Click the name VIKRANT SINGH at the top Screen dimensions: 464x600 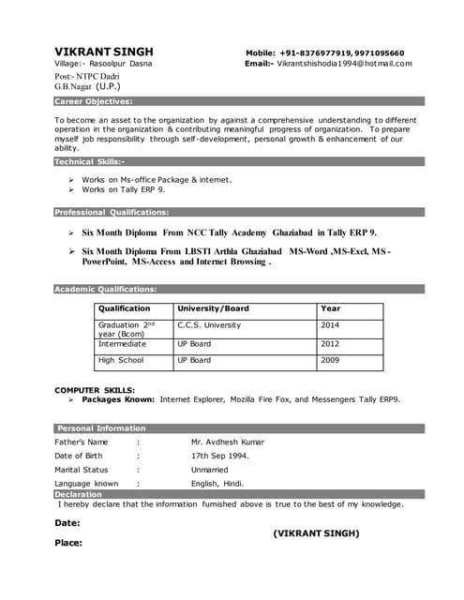(x=103, y=51)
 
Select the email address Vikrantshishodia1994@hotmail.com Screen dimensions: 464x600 (x=344, y=64)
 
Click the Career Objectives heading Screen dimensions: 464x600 (x=93, y=100)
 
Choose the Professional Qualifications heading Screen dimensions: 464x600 (x=112, y=212)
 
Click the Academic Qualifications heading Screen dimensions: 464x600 (x=105, y=289)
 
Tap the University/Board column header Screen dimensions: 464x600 (x=213, y=308)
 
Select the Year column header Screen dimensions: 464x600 (x=331, y=308)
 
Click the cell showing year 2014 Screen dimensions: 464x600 (x=330, y=325)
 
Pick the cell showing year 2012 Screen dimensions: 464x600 (x=330, y=344)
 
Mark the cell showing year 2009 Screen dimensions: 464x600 (x=330, y=360)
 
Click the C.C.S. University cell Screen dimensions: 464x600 (x=209, y=325)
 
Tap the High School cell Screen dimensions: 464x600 (x=121, y=360)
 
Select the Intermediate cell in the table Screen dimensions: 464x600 (x=122, y=344)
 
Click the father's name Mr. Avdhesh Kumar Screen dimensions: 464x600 (x=228, y=442)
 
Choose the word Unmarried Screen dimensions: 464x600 (x=210, y=470)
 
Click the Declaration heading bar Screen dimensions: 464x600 (x=79, y=494)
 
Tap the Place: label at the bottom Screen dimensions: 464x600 (x=68, y=543)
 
